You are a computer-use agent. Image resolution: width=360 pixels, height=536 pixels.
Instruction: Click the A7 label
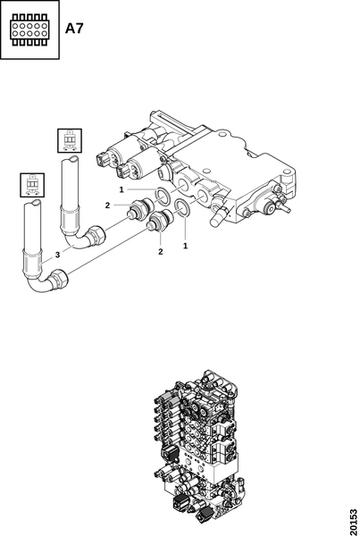click(x=74, y=28)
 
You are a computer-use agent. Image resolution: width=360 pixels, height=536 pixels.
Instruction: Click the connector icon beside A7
click(x=29, y=29)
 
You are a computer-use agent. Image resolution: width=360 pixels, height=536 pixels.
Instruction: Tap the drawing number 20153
click(x=354, y=523)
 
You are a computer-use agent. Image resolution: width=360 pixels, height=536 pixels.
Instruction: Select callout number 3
click(x=57, y=255)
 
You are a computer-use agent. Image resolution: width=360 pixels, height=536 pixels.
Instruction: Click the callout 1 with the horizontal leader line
click(x=121, y=189)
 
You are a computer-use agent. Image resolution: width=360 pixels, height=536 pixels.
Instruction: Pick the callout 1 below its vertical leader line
click(x=185, y=246)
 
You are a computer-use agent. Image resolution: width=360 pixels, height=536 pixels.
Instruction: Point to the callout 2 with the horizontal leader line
click(x=108, y=205)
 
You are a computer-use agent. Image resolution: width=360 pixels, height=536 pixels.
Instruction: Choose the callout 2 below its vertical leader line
click(x=160, y=252)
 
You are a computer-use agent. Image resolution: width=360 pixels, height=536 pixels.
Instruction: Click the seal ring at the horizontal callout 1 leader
click(x=162, y=195)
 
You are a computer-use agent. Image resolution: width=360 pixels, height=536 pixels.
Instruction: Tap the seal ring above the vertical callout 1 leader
click(x=181, y=207)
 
